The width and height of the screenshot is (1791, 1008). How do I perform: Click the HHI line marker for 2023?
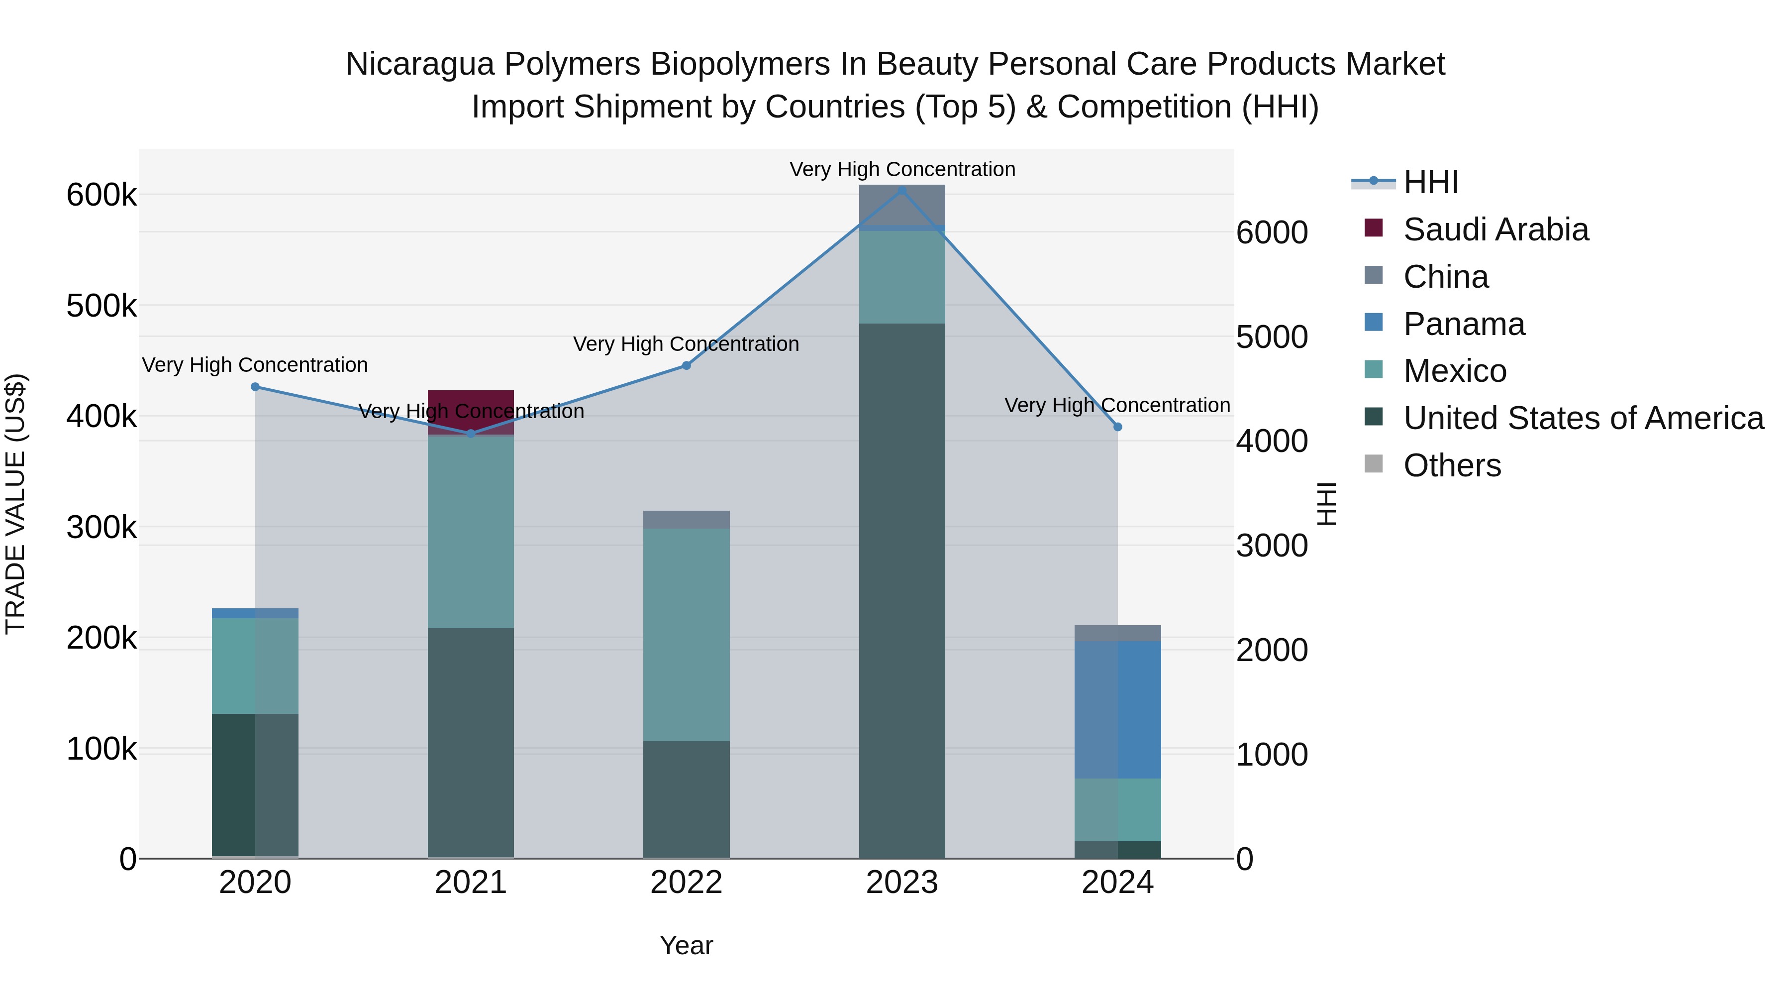902,190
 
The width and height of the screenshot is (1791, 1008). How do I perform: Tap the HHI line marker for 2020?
255,387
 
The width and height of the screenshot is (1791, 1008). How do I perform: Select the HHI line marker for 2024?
1117,427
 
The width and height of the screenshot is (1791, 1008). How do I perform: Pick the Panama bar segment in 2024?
1117,709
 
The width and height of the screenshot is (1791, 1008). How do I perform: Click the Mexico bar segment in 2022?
686,635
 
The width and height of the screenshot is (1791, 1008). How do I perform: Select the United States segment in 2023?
902,591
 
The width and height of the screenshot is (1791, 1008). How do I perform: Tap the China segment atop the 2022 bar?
686,520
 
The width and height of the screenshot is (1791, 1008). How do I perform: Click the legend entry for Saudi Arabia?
1495,229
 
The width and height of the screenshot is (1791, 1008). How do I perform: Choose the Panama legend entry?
1464,324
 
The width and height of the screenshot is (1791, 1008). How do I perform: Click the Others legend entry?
1452,465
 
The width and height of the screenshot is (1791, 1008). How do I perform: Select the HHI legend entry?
1430,182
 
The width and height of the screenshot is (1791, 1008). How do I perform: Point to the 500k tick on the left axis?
101,306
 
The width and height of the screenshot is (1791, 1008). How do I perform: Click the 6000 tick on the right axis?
1272,232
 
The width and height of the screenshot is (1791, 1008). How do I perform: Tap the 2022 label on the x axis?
686,883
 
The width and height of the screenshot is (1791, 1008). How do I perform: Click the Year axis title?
686,945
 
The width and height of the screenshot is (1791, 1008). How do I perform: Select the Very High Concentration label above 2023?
902,169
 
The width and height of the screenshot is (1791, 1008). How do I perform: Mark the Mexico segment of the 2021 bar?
471,532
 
